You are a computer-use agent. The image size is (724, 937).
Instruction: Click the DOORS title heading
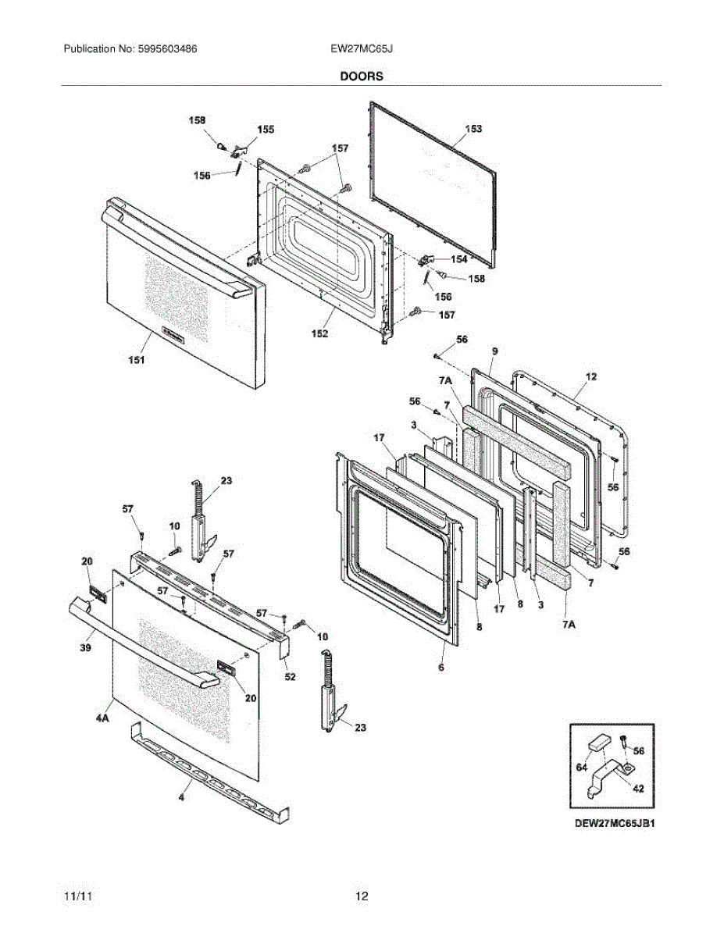click(x=361, y=77)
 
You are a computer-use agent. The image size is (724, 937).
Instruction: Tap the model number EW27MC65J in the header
click(x=361, y=48)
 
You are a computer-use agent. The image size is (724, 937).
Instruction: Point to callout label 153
click(x=473, y=129)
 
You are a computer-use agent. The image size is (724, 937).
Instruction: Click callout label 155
click(x=266, y=130)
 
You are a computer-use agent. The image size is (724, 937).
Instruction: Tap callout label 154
click(x=458, y=258)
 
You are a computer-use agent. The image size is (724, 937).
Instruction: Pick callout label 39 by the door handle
click(x=86, y=647)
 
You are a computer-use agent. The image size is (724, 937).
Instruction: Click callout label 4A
click(x=102, y=716)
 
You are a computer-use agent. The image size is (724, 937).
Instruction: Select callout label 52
click(x=290, y=676)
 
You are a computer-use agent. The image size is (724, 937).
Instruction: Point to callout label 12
click(x=590, y=377)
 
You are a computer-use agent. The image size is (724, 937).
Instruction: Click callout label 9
click(x=494, y=353)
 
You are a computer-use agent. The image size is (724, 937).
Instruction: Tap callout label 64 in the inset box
click(x=581, y=768)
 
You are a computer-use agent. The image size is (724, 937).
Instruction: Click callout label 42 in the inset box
click(x=637, y=789)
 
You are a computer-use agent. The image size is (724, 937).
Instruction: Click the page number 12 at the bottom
click(x=362, y=896)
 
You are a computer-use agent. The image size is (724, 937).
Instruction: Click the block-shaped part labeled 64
click(x=600, y=740)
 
